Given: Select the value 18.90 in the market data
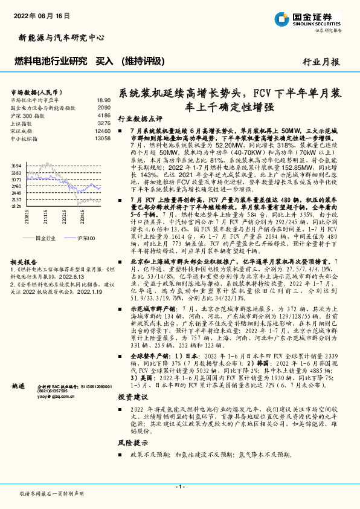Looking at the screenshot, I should pyautogui.click(x=103, y=100).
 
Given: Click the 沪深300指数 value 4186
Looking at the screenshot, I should pyautogui.click(x=104, y=115).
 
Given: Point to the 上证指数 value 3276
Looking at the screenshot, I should pyautogui.click(x=104, y=123).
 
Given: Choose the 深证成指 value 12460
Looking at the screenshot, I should pyautogui.click(x=103, y=131).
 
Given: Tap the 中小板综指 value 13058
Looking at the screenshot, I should pyautogui.click(x=103, y=138).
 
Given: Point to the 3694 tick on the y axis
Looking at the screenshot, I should pyautogui.click(x=16, y=165).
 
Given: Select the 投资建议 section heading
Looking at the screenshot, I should pyautogui.click(x=132, y=397).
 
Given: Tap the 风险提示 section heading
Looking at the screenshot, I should pyautogui.click(x=132, y=443).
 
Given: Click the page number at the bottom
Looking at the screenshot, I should pyautogui.click(x=180, y=487).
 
